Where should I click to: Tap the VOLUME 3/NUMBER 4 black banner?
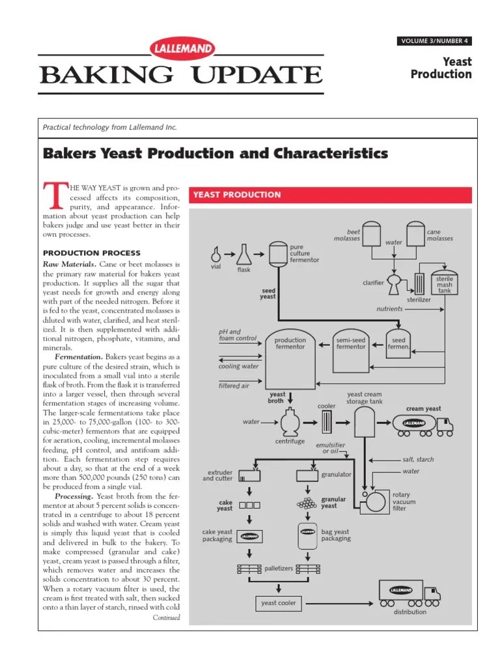434,42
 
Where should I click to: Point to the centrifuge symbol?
289,423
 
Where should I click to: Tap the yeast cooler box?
278,603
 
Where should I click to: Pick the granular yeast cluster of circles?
305,504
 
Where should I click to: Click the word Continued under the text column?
166,617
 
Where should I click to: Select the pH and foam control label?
229,335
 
